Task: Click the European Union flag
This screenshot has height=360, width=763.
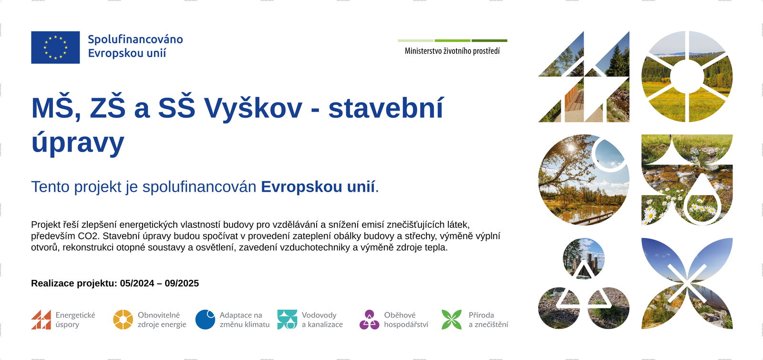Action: [x=55, y=47]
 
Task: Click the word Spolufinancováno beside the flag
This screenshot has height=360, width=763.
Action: [x=135, y=39]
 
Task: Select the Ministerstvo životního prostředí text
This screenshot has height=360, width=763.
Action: [x=452, y=51]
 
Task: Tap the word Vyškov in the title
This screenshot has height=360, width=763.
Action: [x=254, y=108]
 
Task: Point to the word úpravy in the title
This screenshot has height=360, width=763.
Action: [x=78, y=143]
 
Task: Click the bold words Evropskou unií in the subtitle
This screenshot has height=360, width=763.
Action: [x=318, y=187]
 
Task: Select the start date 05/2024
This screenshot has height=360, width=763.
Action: [x=137, y=283]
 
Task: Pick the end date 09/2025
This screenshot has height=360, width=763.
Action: [x=182, y=283]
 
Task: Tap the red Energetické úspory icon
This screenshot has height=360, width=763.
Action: [x=41, y=319]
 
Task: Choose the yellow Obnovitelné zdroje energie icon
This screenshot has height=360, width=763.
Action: [x=123, y=319]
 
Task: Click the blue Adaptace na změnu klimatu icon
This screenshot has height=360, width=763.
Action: [x=205, y=319]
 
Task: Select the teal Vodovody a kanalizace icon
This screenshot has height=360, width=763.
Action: [x=287, y=319]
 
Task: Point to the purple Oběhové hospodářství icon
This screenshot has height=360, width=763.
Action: [x=369, y=319]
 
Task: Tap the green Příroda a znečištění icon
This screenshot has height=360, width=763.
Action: [x=452, y=319]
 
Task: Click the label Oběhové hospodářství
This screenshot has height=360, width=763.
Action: [x=406, y=319]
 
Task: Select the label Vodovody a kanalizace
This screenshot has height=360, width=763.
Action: [x=322, y=319]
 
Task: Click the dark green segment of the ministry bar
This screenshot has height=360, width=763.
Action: [x=489, y=41]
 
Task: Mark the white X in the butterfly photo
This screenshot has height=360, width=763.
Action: [x=687, y=283]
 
